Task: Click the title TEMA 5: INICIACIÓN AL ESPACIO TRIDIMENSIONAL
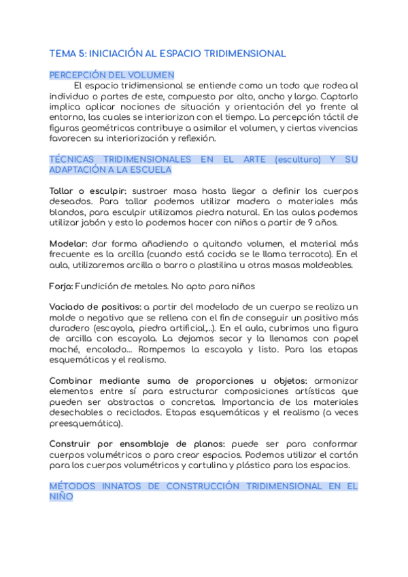pos(168,53)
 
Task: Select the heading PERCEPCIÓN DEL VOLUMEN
pos(112,75)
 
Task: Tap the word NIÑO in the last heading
pos(62,497)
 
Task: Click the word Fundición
pos(100,286)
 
